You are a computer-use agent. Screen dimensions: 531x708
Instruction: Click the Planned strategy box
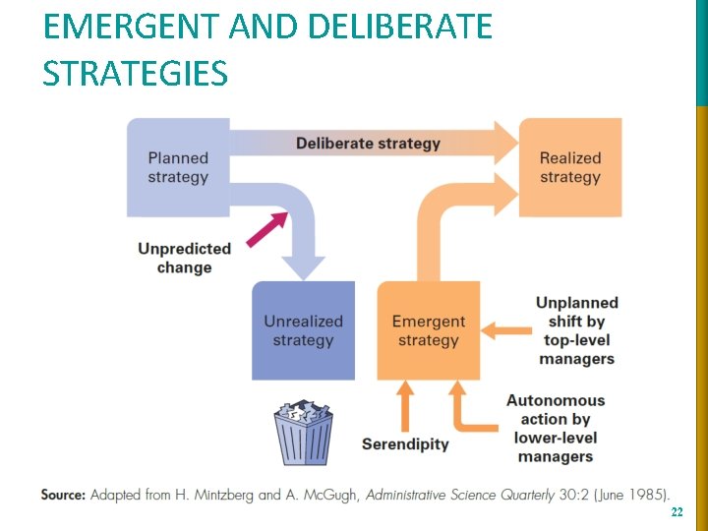tap(178, 167)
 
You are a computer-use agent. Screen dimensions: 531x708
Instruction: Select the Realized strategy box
tap(570, 167)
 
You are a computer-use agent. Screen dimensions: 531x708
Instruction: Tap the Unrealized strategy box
tap(303, 330)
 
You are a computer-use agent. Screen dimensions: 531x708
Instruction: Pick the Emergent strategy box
tap(428, 330)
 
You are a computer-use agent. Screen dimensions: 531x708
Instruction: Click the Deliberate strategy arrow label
tap(368, 144)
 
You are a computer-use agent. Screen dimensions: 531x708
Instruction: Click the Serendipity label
tap(405, 443)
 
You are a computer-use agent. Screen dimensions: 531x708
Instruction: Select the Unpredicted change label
tap(184, 258)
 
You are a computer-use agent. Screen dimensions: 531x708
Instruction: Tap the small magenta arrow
tap(266, 230)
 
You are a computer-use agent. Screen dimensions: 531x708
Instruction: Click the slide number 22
tap(676, 513)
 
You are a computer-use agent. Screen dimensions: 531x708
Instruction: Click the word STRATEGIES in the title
tap(135, 73)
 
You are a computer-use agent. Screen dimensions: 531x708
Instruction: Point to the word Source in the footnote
tap(62, 495)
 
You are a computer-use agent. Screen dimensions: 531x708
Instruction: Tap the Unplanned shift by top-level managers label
tap(576, 330)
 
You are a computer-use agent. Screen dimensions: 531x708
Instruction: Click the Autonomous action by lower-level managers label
tap(556, 428)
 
